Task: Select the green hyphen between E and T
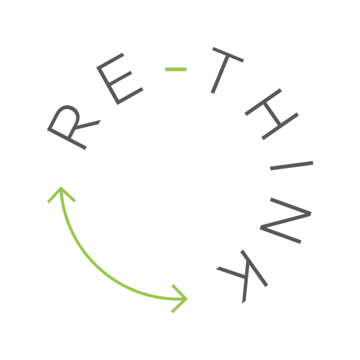coord(176,70)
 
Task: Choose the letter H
coord(272,114)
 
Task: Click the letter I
coord(292,166)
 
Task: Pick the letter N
coord(286,220)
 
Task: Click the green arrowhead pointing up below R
coord(61,192)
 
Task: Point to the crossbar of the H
coord(272,114)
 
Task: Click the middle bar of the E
coord(120,77)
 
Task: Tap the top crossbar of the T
coord(228,55)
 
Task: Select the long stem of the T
coord(220,74)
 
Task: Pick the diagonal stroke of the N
coord(286,221)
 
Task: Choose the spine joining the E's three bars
coord(107,86)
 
